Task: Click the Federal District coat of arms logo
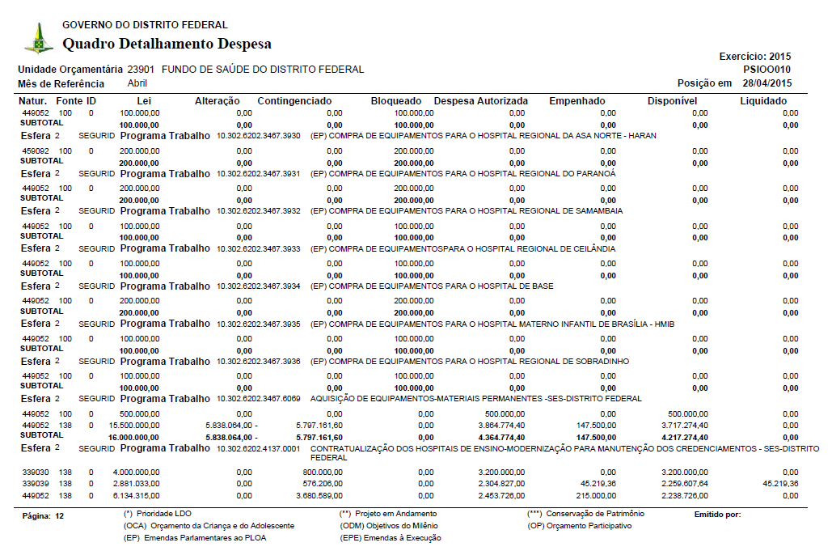click(38, 37)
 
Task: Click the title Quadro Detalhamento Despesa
click(167, 44)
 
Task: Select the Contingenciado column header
click(294, 101)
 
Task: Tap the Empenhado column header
click(576, 101)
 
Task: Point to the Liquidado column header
click(763, 101)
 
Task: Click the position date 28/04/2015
click(767, 83)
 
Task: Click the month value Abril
click(137, 83)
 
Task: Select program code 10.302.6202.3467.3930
click(259, 136)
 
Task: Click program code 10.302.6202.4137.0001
click(259, 449)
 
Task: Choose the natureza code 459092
click(36, 151)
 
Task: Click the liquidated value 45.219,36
click(780, 483)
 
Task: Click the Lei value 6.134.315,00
click(138, 495)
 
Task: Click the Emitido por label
click(717, 514)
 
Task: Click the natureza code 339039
click(36, 483)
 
